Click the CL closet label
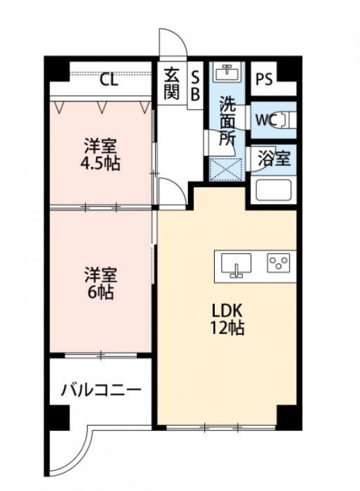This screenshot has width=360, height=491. [x=109, y=80]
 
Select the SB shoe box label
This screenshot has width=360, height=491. [x=195, y=85]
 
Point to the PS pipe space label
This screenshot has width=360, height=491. [x=264, y=79]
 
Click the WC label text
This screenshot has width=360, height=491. [x=266, y=120]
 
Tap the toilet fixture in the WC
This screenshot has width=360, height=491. [x=287, y=120]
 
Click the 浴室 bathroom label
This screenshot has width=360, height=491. [x=274, y=158]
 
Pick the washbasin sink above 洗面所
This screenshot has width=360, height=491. [x=228, y=73]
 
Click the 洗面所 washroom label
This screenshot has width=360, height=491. [x=228, y=120]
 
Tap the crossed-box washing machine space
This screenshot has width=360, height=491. [x=226, y=169]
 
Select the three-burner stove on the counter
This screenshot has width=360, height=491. [x=278, y=263]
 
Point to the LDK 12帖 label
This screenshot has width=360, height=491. [x=227, y=320]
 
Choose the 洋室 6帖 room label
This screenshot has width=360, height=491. [x=101, y=283]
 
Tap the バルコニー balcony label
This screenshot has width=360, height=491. [x=101, y=390]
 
